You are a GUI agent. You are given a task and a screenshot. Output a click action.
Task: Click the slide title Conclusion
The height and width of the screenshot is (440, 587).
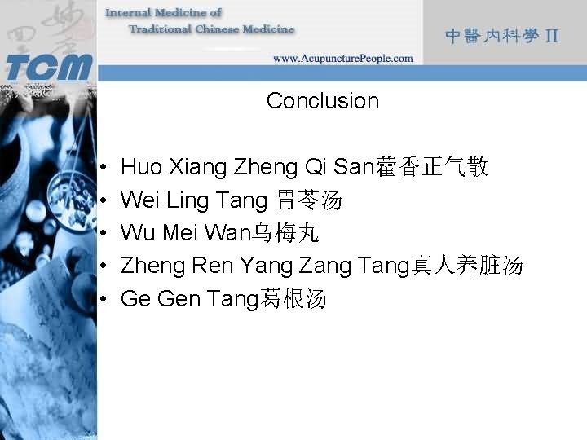tap(322, 101)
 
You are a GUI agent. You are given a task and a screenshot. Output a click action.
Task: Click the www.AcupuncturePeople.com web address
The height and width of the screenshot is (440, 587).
tap(342, 59)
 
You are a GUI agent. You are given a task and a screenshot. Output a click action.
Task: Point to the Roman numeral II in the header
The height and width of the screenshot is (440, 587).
tap(552, 37)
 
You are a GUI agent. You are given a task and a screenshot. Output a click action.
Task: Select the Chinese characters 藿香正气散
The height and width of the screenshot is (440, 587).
tap(431, 168)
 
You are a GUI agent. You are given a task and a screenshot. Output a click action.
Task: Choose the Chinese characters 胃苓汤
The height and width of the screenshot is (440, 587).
tap(309, 200)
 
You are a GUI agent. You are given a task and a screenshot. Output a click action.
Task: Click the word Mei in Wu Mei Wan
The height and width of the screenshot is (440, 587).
tap(180, 234)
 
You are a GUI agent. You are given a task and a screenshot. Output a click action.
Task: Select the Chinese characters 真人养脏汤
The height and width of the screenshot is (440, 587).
tap(466, 266)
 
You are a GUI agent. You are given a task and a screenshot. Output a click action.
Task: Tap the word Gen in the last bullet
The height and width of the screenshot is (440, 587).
tap(178, 300)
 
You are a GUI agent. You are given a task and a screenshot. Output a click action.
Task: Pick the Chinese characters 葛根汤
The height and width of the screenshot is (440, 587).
tap(293, 300)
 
